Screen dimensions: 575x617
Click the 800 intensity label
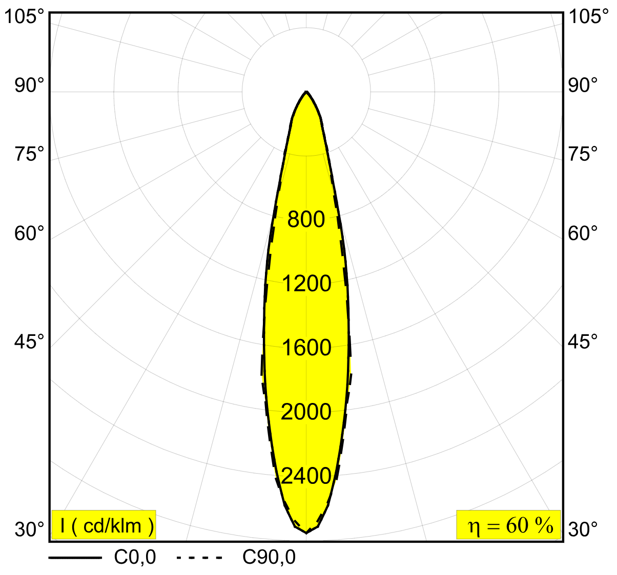coord(306,220)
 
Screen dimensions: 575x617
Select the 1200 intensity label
coord(306,284)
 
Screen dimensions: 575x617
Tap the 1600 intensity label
coord(306,348)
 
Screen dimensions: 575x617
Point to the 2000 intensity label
coord(306,412)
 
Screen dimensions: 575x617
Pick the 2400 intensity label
coord(306,476)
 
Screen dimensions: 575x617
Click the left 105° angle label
coord(24,17)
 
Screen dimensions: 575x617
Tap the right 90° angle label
coord(583,86)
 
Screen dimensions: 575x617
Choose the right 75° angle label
coord(583,154)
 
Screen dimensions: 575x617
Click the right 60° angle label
coord(583,234)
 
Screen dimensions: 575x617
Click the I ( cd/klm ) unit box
coord(104,525)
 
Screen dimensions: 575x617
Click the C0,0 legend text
coord(135,557)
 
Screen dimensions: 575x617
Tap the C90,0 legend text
coord(269,557)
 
